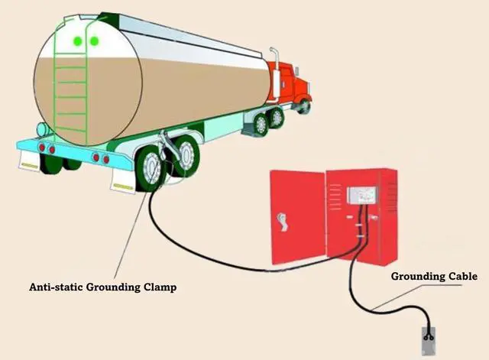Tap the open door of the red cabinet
click(x=296, y=218)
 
